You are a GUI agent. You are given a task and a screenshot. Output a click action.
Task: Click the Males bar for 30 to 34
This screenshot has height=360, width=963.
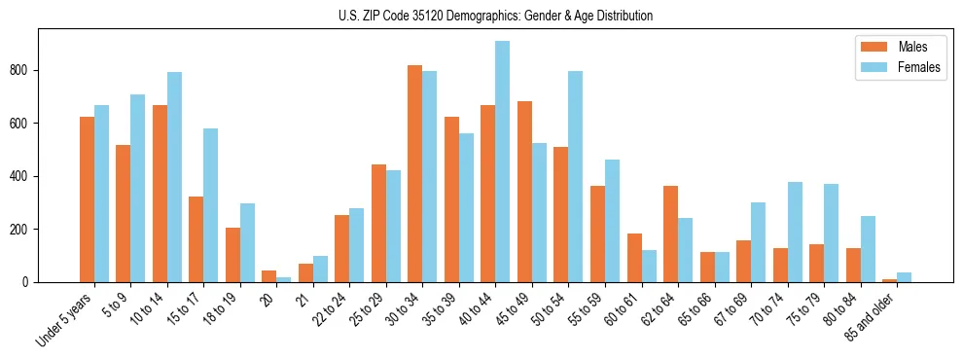click(x=415, y=174)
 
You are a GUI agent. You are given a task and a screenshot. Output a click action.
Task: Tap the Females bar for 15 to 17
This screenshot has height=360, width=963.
click(x=211, y=205)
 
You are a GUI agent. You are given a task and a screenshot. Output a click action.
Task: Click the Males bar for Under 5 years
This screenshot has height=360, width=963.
click(x=87, y=199)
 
